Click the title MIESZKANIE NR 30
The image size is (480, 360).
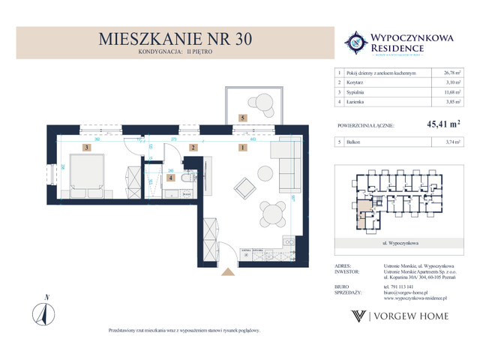178,40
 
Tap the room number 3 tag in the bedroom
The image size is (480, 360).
87,148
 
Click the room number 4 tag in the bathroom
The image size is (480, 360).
170,178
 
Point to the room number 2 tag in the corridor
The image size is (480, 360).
193,148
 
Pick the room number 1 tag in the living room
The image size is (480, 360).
243,148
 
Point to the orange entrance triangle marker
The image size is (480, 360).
224,274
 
